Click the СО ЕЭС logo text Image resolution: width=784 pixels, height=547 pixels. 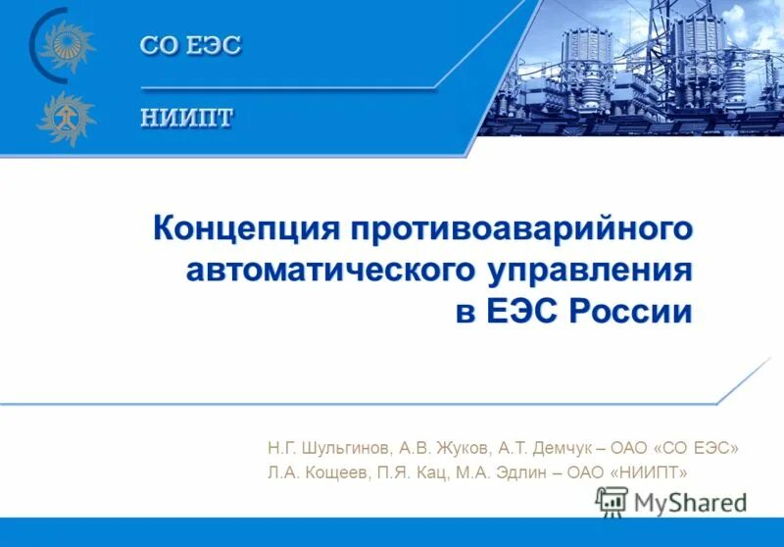[190, 46]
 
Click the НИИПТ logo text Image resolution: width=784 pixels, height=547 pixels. [186, 117]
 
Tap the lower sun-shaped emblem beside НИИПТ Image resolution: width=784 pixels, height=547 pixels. [67, 118]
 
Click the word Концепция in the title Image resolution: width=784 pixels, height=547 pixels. [243, 228]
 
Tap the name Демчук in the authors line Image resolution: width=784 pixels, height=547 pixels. [558, 447]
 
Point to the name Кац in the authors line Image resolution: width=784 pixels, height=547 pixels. [435, 473]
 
